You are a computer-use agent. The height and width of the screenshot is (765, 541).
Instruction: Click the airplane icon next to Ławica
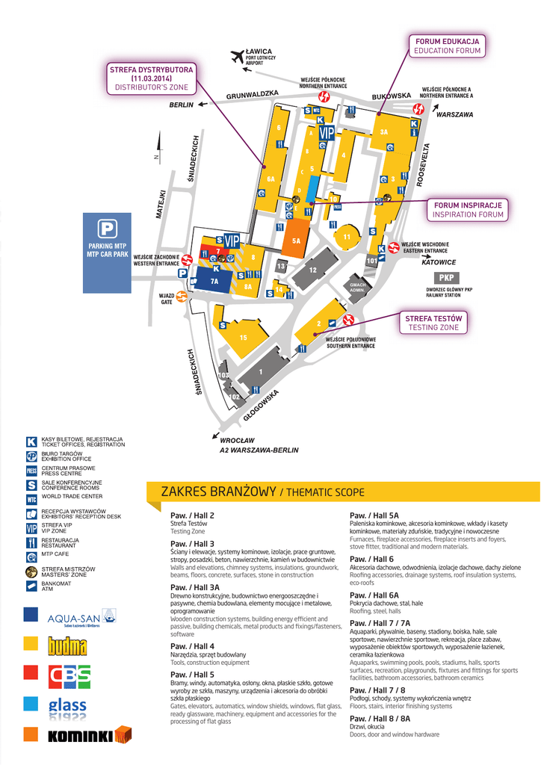[x=238, y=56]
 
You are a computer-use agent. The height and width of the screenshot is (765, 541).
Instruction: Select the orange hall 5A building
[x=296, y=239]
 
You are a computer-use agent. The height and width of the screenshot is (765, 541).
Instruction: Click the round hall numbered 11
[x=347, y=238]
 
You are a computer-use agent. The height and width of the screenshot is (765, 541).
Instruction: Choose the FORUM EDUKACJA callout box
[x=448, y=45]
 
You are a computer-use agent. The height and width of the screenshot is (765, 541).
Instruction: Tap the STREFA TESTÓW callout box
[x=433, y=323]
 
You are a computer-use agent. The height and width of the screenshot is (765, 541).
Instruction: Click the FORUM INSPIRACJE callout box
[x=468, y=209]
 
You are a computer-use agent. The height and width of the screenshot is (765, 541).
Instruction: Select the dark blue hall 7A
[x=214, y=281]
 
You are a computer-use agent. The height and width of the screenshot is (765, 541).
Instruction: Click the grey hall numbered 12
[x=313, y=270]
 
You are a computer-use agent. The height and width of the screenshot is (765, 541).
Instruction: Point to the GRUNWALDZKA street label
[x=253, y=95]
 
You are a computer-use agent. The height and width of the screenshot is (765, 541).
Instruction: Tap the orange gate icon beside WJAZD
[x=182, y=297]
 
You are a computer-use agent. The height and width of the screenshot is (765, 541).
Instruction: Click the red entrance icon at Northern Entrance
[x=324, y=97]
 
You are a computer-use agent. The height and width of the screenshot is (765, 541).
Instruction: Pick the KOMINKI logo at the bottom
[x=78, y=736]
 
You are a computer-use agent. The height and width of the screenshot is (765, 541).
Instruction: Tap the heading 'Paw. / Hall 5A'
[x=374, y=515]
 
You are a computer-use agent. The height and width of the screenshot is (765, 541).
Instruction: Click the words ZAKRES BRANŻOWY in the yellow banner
[x=219, y=492]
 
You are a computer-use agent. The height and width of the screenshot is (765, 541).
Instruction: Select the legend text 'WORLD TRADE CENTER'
[x=72, y=497]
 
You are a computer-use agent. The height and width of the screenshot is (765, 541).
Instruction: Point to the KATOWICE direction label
[x=439, y=262]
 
